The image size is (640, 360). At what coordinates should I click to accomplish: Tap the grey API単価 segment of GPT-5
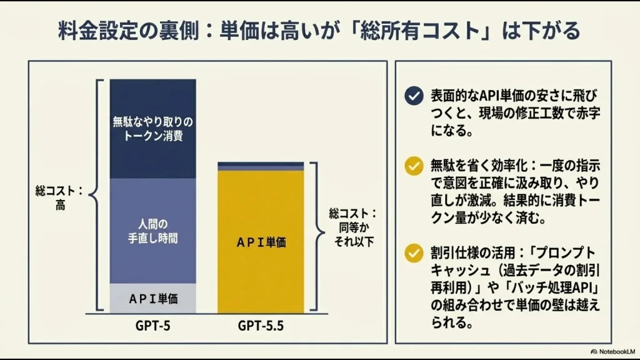click(x=152, y=299)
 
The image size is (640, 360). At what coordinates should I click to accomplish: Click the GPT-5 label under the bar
click(x=152, y=326)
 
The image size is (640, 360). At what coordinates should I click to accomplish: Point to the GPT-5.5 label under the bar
click(x=261, y=326)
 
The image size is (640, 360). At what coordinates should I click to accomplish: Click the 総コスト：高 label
click(x=59, y=197)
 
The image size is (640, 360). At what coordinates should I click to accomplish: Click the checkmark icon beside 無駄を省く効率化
click(x=413, y=166)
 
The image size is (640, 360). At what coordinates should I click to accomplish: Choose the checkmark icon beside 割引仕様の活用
click(x=413, y=253)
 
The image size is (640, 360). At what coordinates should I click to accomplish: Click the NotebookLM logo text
click(x=612, y=351)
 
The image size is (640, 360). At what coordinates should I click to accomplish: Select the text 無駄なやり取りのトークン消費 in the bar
click(x=152, y=128)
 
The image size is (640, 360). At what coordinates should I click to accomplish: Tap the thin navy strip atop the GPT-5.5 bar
click(x=261, y=164)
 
